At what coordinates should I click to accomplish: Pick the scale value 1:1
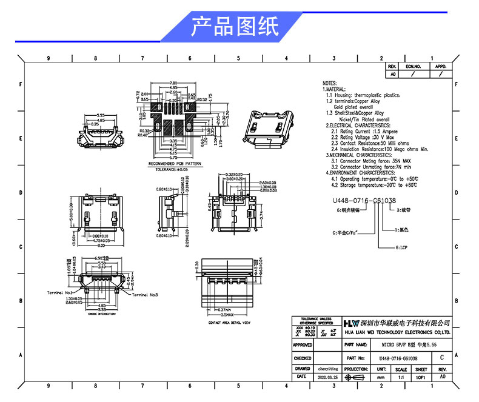coord(401,377)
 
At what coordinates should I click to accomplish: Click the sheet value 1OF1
coord(421,377)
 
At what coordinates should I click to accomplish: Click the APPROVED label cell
coord(303,344)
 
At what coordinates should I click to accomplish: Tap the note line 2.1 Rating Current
coord(361,131)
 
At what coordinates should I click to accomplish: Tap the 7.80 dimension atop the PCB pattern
coord(173,82)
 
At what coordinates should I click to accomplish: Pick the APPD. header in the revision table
coord(441,65)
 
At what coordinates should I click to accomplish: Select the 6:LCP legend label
coord(401,248)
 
